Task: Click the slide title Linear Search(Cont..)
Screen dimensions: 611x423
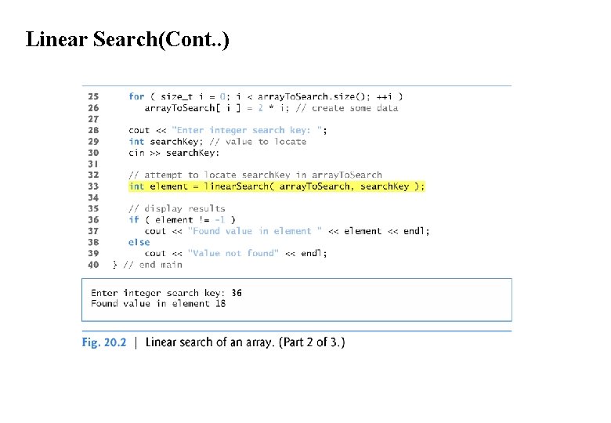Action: pyautogui.click(x=128, y=39)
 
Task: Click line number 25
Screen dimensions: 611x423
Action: pyautogui.click(x=93, y=97)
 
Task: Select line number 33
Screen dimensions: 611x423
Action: pyautogui.click(x=93, y=186)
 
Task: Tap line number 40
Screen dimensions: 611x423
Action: pyautogui.click(x=93, y=265)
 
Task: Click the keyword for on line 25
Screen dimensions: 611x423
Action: pyautogui.click(x=136, y=97)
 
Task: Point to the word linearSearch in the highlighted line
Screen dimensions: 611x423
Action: pyautogui.click(x=234, y=186)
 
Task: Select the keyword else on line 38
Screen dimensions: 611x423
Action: pyautogui.click(x=139, y=242)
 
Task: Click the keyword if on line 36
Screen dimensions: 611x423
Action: pyautogui.click(x=133, y=220)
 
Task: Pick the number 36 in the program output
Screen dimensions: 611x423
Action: pyautogui.click(x=236, y=293)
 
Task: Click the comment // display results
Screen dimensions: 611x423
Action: pyautogui.click(x=176, y=209)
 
